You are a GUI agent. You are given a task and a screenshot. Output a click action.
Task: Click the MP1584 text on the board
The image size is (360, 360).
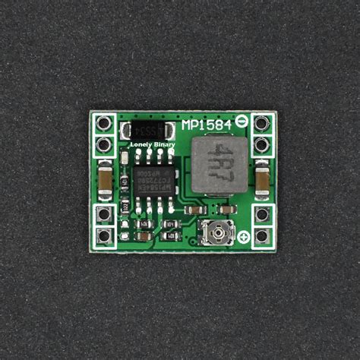pyautogui.click(x=208, y=124)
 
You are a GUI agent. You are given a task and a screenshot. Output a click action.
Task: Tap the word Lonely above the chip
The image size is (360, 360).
pyautogui.click(x=134, y=144)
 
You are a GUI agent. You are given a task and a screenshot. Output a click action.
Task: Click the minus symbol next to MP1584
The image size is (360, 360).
pyautogui.click(x=242, y=120)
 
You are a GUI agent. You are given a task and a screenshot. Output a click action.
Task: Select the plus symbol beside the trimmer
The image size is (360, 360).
pyautogui.click(x=243, y=239)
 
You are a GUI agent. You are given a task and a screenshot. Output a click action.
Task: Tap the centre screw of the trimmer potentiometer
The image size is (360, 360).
pyautogui.click(x=216, y=232)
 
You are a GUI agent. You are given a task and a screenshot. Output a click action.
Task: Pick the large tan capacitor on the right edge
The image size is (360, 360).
pyautogui.click(x=261, y=181)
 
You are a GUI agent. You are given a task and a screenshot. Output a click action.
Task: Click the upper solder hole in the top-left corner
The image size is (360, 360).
pyautogui.click(x=105, y=123)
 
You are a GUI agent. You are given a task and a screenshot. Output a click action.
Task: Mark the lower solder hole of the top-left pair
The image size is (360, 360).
pyautogui.click(x=105, y=143)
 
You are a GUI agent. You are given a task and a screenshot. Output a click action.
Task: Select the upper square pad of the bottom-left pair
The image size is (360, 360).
pyautogui.click(x=105, y=215)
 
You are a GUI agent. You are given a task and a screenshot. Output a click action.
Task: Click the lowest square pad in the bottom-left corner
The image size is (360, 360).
pyautogui.click(x=105, y=235)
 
